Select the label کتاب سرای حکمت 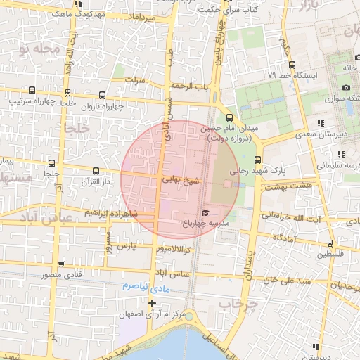[x=227, y=11]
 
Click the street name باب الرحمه [x=193, y=86]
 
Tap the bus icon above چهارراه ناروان [x=103, y=95]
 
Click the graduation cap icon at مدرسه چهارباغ [x=205, y=213]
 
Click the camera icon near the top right [x=346, y=87]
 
